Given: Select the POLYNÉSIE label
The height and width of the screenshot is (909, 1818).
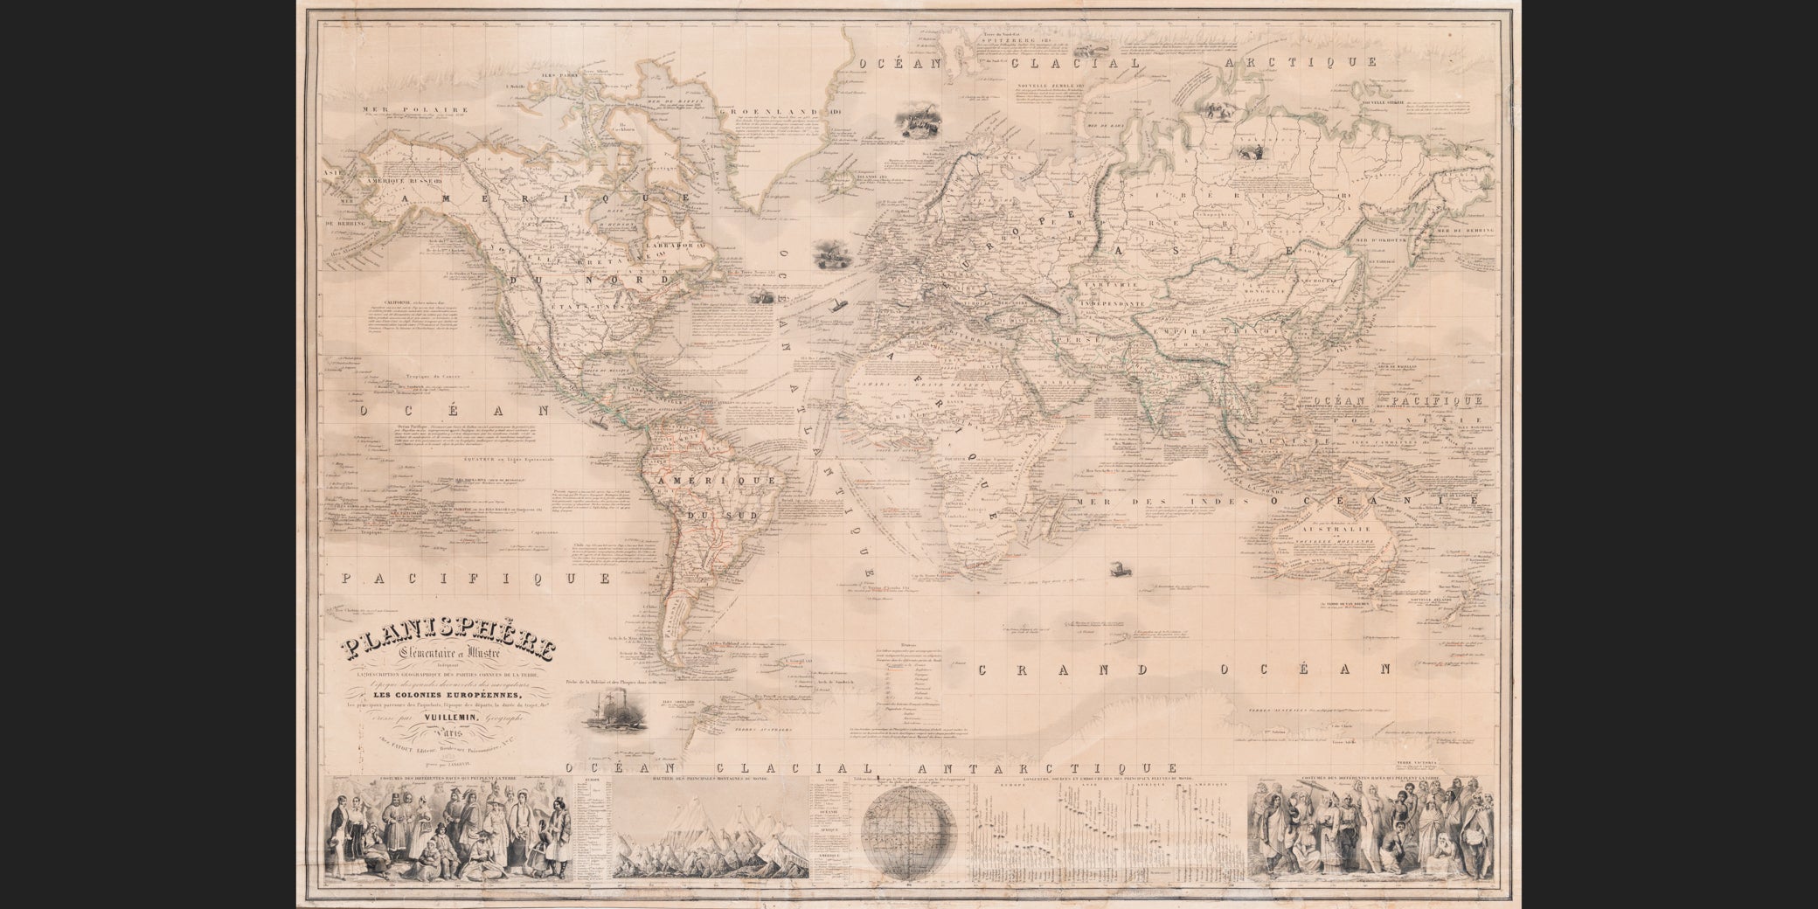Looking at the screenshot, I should [1423, 420].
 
